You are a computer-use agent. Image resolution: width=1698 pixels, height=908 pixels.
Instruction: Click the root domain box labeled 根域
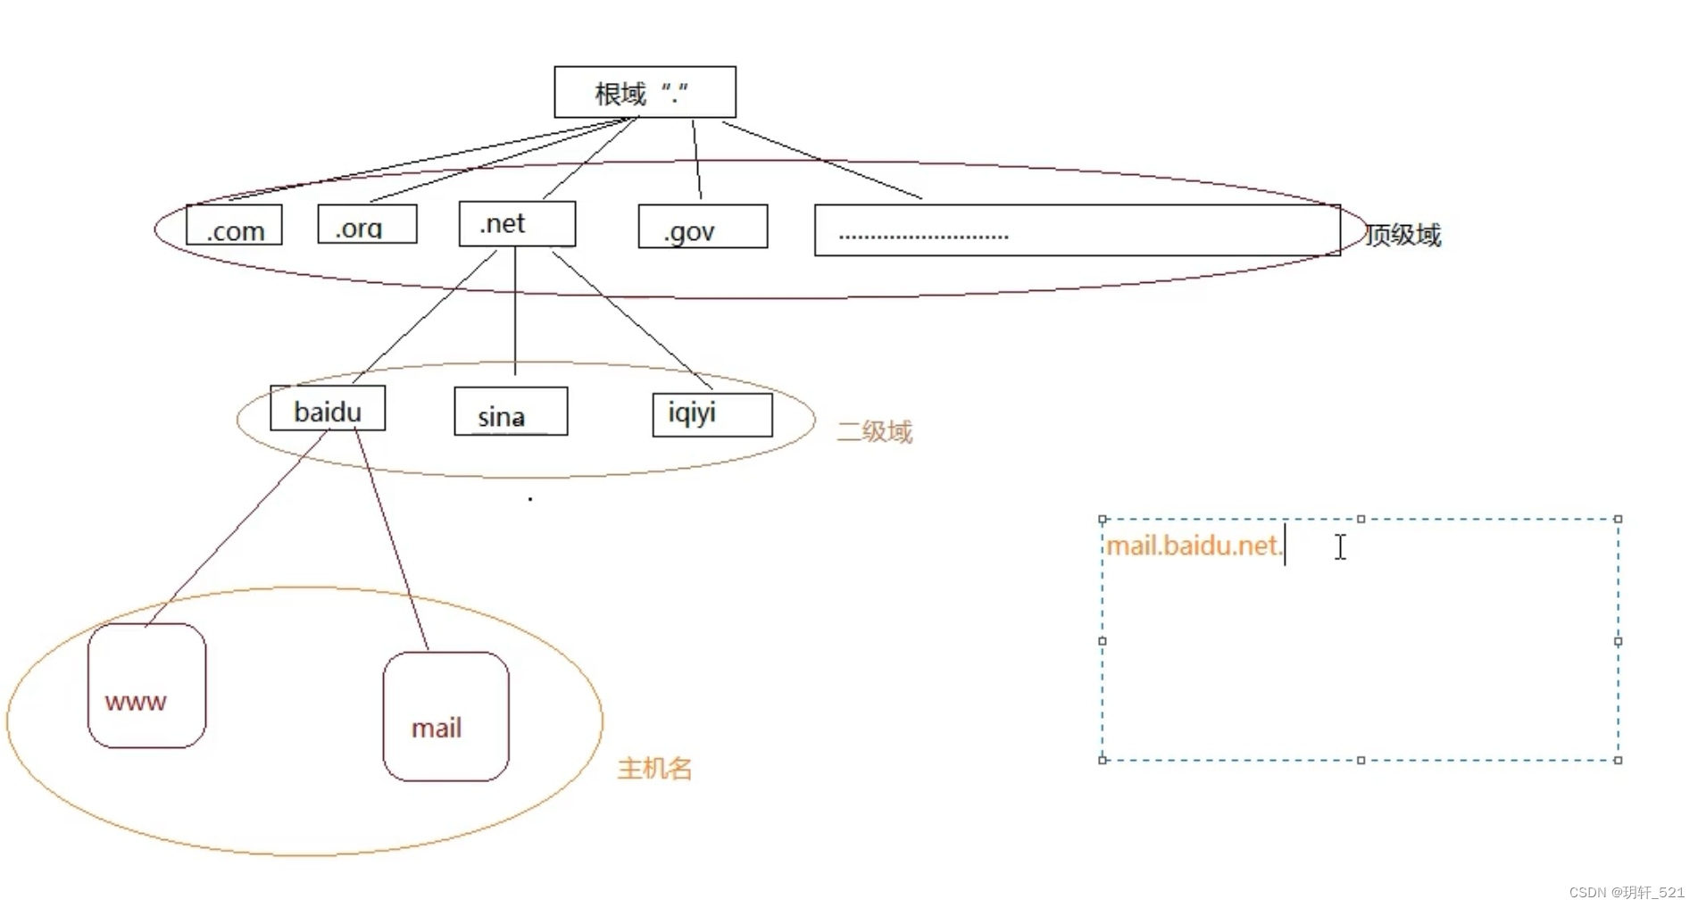[645, 92]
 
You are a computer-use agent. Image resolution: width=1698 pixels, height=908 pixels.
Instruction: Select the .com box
[234, 225]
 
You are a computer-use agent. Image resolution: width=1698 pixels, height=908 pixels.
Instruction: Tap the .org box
[367, 224]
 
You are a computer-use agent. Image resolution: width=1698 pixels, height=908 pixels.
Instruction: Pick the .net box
[517, 223]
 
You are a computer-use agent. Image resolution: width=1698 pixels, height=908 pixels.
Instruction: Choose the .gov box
[703, 227]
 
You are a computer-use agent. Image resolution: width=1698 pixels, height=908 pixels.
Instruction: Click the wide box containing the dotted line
[1077, 230]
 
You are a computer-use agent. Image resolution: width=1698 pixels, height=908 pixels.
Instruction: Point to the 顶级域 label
[1403, 235]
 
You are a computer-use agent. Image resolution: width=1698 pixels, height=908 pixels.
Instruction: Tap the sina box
[511, 412]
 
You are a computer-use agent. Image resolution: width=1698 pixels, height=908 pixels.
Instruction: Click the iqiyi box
[712, 415]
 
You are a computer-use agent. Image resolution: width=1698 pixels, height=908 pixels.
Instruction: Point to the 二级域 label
[874, 432]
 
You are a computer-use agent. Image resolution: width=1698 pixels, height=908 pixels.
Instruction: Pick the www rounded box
[146, 686]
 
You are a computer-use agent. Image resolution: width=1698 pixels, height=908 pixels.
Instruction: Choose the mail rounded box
[445, 717]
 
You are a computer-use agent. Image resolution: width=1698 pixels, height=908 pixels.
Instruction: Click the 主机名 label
[654, 769]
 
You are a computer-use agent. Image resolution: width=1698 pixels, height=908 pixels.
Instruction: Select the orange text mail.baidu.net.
[1194, 546]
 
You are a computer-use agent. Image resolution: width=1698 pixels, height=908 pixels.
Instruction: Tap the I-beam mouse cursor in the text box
[1340, 547]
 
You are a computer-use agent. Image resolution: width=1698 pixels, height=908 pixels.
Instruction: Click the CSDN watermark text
[1626, 892]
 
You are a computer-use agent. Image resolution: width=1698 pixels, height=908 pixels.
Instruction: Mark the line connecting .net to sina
[515, 312]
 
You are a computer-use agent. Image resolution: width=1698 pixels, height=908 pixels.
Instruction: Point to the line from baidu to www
[237, 529]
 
